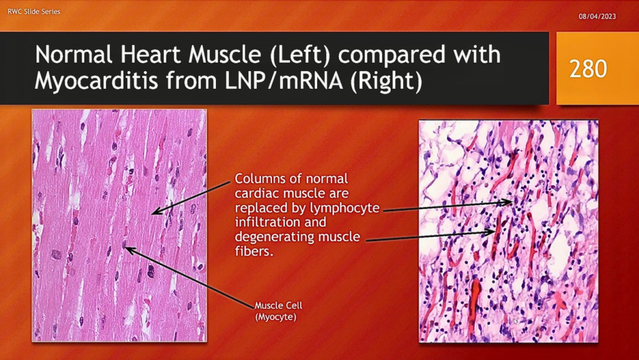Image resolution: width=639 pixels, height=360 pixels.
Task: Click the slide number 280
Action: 588,69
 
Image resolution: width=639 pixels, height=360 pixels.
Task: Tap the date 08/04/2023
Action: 597,17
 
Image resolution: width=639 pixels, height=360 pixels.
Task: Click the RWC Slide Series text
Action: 34,11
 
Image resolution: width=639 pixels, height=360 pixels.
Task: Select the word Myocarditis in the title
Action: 96,80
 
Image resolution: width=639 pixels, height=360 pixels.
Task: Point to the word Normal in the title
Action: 74,55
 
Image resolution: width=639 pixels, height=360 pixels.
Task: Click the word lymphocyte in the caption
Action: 344,208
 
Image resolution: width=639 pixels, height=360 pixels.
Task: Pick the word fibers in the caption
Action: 253,251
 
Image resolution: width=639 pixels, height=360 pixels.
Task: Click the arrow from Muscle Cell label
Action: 190,276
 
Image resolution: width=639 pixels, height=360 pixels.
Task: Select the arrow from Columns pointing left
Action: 191,198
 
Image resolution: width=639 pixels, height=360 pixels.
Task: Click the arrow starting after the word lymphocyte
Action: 447,206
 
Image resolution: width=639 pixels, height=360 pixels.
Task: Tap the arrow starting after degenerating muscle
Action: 430,236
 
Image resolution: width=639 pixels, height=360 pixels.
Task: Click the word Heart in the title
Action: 147,55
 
